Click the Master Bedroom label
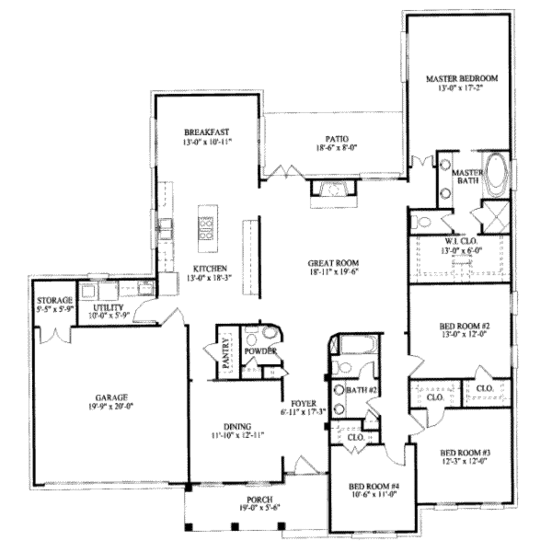(x=461, y=78)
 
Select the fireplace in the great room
(x=333, y=190)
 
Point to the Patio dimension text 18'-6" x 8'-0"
(x=337, y=147)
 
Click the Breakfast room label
(x=207, y=132)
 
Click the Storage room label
(x=54, y=300)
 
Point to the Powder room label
(x=260, y=351)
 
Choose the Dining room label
(x=237, y=426)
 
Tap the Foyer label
(x=303, y=403)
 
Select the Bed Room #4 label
(x=374, y=485)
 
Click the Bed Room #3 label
(x=464, y=452)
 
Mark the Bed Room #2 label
(x=464, y=327)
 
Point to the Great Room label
(x=333, y=263)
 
